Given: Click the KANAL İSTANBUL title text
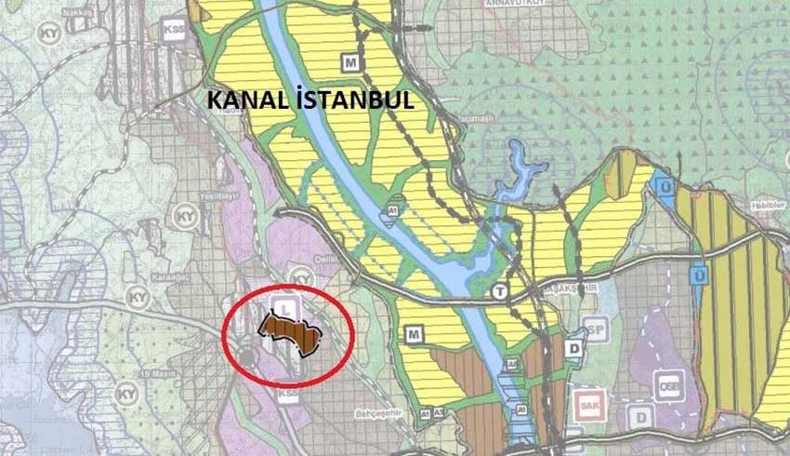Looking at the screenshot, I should click(310, 98).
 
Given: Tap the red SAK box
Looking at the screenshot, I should click(586, 403).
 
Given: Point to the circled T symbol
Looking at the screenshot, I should click(501, 291).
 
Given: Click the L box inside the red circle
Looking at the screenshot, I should click(287, 305).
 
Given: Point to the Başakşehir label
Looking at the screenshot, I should click(563, 290).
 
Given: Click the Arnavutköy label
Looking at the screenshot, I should click(506, 4).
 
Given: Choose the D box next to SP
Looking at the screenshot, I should click(575, 347).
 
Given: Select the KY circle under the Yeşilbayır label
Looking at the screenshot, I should click(186, 218).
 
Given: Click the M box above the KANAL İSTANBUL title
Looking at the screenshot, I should click(349, 63).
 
